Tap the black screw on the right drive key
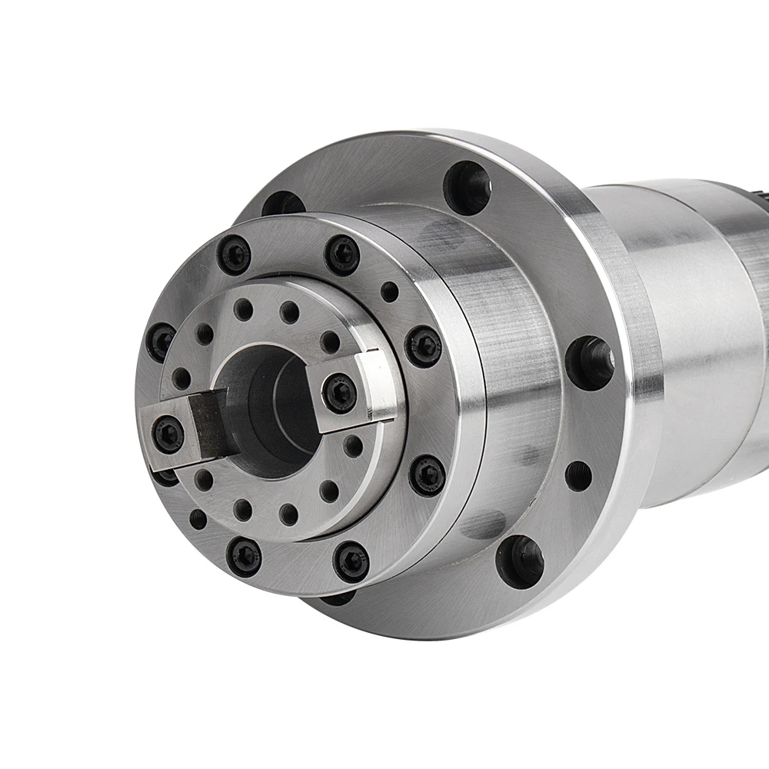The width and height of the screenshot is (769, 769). [339, 393]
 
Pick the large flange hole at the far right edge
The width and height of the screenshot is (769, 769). [591, 361]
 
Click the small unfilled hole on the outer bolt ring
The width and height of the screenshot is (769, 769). [390, 292]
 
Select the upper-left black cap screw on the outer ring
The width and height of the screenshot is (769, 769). [234, 255]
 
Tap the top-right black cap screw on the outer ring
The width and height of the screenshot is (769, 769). [342, 255]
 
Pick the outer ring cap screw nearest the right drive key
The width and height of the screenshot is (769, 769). [423, 346]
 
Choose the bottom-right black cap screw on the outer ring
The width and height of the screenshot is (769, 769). [351, 561]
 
